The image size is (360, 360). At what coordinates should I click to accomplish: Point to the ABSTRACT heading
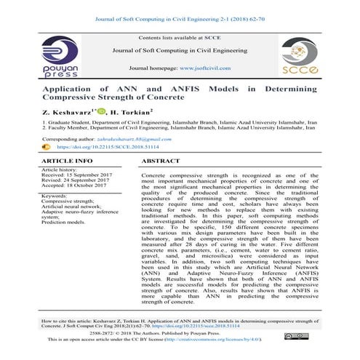coord(161,159)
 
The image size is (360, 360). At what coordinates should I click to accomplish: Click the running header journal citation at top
coord(180,7)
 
